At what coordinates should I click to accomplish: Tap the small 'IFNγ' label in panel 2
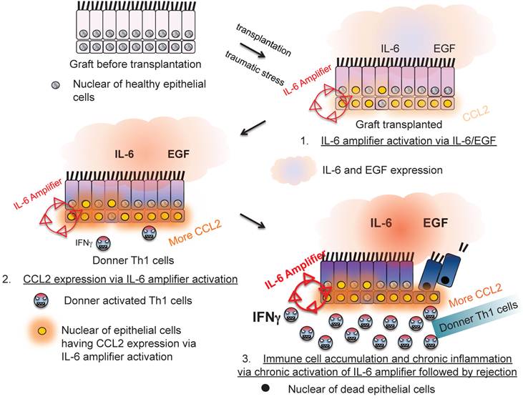pos(82,243)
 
